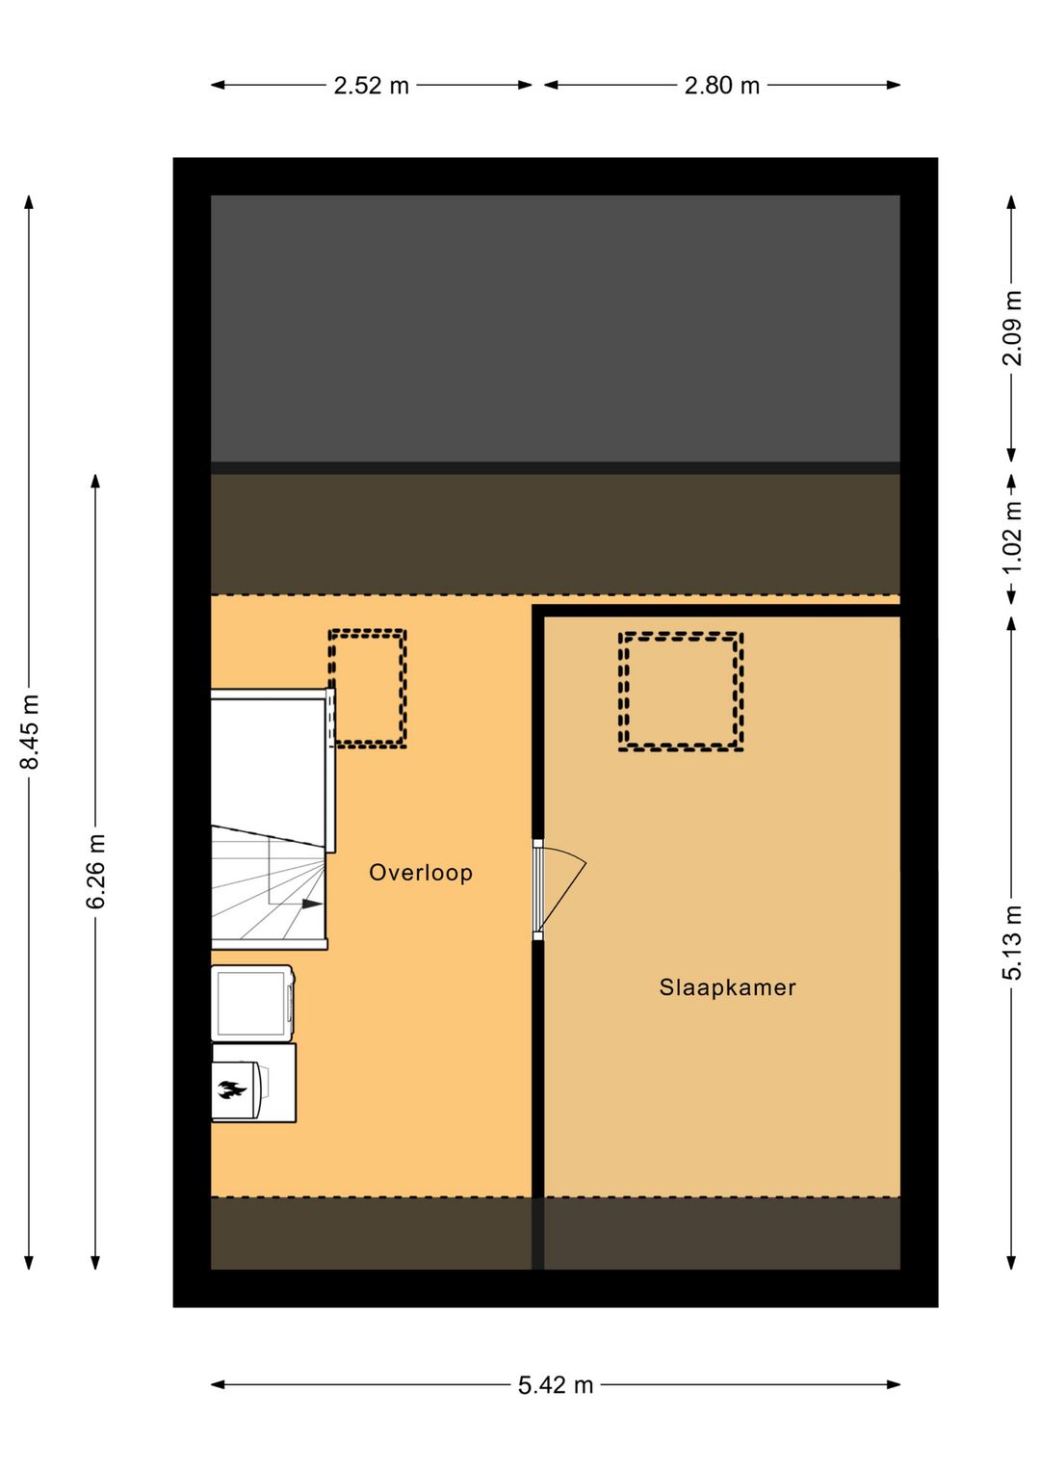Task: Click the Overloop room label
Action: (x=421, y=873)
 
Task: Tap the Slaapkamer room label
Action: (x=727, y=987)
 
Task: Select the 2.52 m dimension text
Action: (x=371, y=86)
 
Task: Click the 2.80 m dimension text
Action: (x=722, y=86)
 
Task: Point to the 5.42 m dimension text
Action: (x=556, y=1385)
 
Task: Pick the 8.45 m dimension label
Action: (x=30, y=732)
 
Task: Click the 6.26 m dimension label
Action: (x=96, y=872)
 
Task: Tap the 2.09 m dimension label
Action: (x=1012, y=328)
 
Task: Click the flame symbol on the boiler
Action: (x=230, y=1090)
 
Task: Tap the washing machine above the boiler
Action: (x=252, y=1003)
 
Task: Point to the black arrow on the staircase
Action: (x=311, y=904)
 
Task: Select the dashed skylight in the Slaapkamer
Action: (x=681, y=692)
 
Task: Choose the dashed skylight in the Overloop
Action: (x=368, y=689)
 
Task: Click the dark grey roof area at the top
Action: (x=555, y=328)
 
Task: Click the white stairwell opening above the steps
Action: (x=268, y=761)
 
